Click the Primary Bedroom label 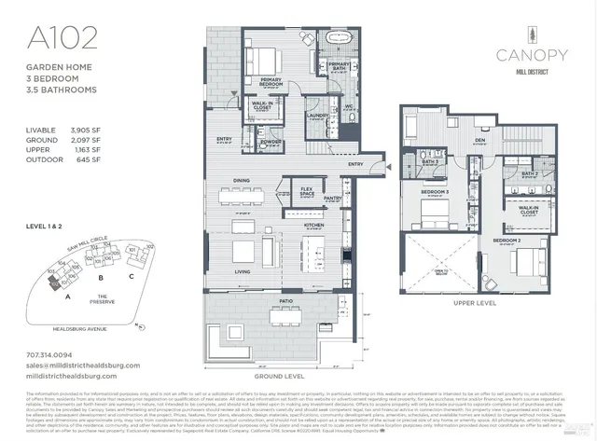point(271,81)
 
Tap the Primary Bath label point(338,65)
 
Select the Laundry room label point(312,117)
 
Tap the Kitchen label point(312,225)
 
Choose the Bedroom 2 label point(507,241)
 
